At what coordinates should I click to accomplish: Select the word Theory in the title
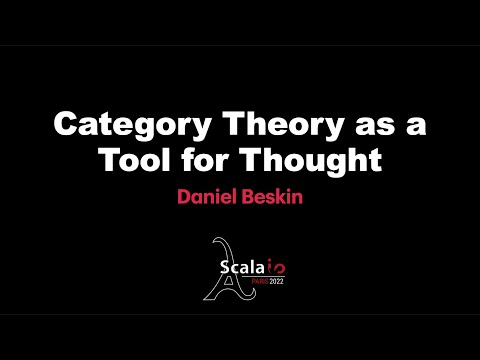[255, 128]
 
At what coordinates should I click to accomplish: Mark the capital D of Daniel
[185, 196]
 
